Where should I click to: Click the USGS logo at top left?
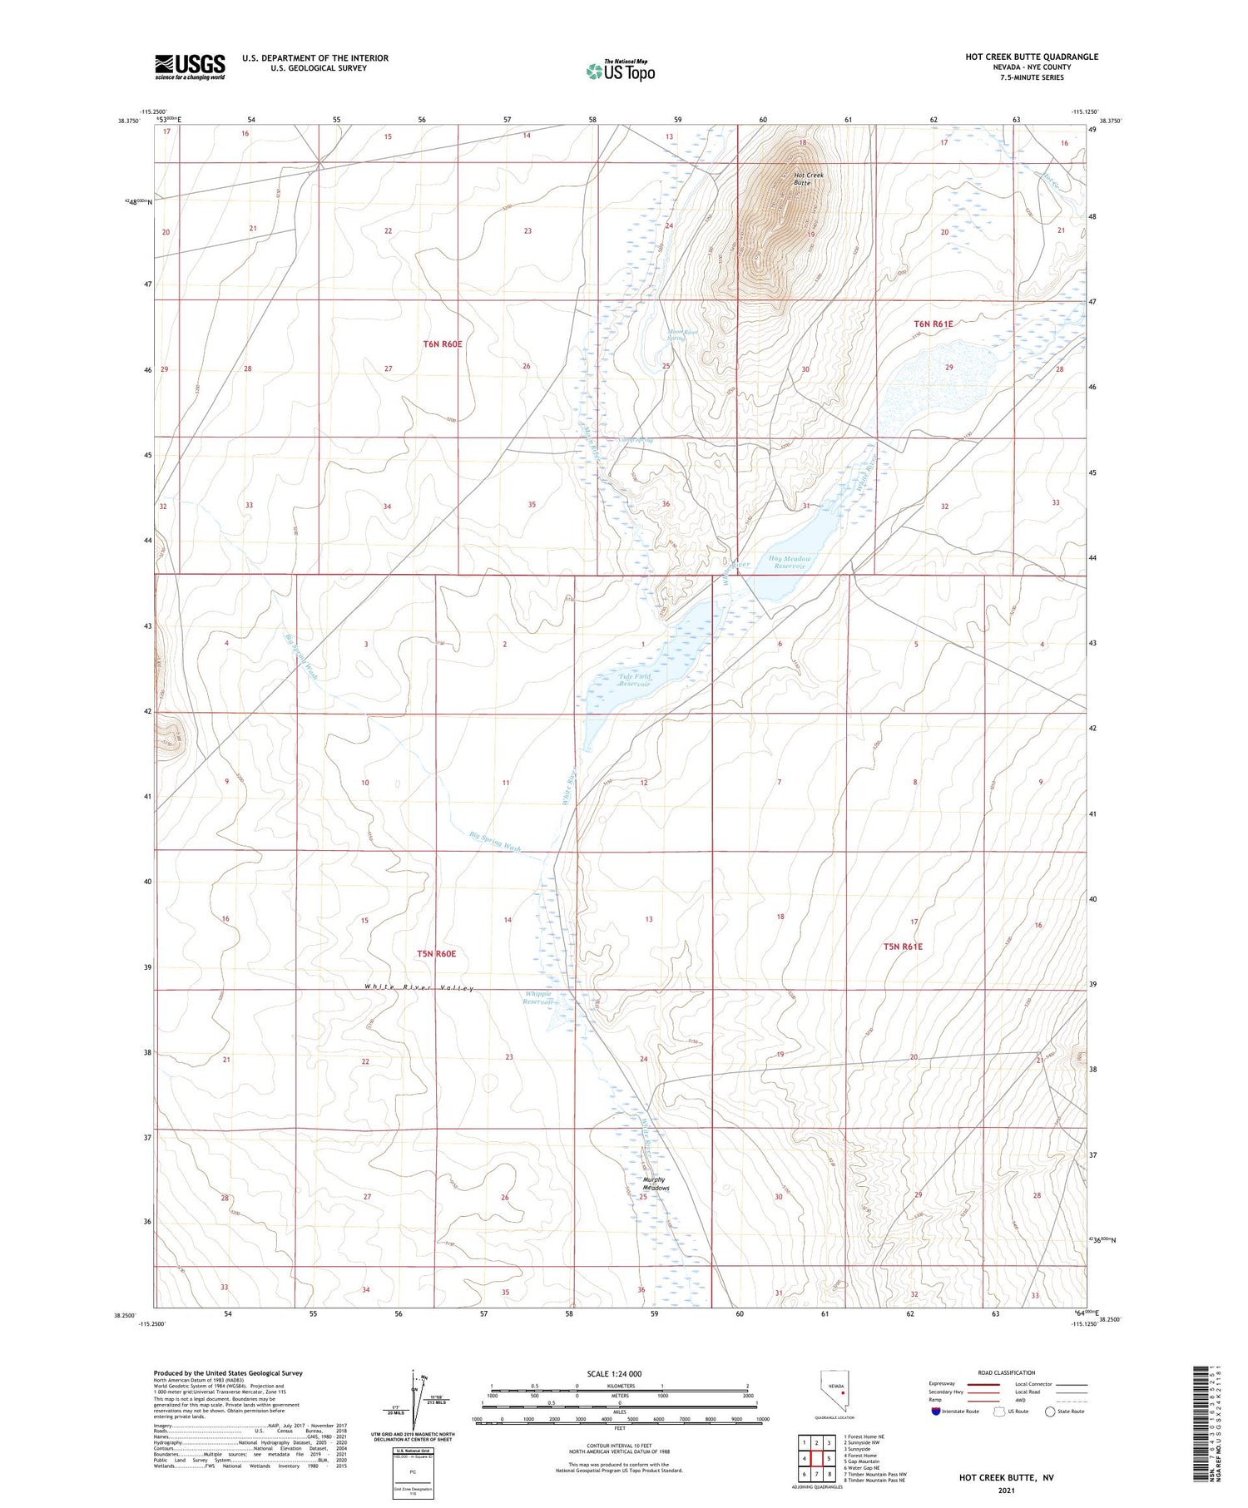tap(190, 67)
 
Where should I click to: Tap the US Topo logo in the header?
tap(621, 72)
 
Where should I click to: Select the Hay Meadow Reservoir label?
tap(790, 562)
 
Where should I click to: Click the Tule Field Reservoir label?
tap(634, 680)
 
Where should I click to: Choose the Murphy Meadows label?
tap(656, 1184)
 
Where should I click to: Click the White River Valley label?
tap(418, 988)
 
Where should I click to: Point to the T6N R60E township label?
tap(442, 344)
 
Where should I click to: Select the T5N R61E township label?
tap(902, 947)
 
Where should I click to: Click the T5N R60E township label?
tap(436, 953)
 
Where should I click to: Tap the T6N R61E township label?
tap(933, 324)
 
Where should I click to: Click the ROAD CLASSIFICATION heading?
tap(1007, 1372)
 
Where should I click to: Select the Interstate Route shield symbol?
tap(936, 1412)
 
